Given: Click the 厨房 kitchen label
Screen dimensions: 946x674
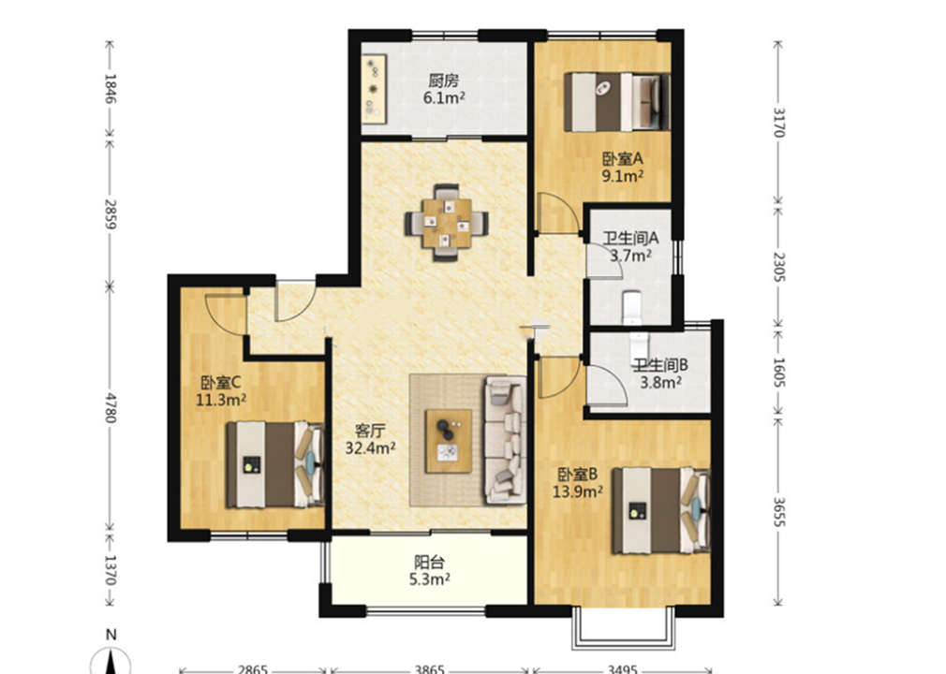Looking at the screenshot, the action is pos(444,81).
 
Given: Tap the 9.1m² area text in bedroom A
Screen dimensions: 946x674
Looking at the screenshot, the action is pos(623,176).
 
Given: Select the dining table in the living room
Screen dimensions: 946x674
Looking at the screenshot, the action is pos(447,223).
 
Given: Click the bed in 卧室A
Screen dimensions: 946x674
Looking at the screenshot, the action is pos(616,102).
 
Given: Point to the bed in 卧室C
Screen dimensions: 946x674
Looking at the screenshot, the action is pos(275,464).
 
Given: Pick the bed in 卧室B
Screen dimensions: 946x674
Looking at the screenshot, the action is pos(660,510).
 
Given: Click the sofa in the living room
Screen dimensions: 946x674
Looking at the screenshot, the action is pos(505,439).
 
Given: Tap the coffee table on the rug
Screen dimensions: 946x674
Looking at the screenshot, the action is pos(449,441).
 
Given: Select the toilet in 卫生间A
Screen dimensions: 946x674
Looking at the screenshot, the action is pos(631,307).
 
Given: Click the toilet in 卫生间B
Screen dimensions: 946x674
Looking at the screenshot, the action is pos(638,346).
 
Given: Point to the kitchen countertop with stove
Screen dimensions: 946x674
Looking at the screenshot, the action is pos(374,88).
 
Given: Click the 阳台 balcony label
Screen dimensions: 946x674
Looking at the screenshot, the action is pos(430,563).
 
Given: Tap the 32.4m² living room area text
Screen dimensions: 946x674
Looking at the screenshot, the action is pos(370,447).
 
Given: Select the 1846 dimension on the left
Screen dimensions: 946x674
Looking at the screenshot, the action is pos(111,88).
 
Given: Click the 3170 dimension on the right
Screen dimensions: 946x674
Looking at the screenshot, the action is pos(779,123).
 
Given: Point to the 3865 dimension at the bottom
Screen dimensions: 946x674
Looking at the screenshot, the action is pos(430,669).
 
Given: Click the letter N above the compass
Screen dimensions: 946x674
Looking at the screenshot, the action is pos(111,634).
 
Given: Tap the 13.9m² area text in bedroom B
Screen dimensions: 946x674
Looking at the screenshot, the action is pos(578,491).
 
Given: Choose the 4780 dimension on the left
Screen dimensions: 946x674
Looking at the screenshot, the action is pos(111,407).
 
